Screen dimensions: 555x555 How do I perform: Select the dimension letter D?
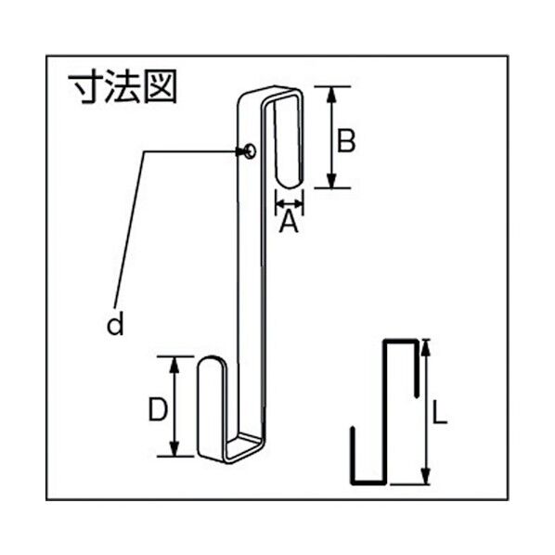158,408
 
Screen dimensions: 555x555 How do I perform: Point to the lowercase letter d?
114,324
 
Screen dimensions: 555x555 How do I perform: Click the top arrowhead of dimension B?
332,91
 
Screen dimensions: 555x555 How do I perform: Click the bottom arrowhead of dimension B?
332,184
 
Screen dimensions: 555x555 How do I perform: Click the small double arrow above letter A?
289,200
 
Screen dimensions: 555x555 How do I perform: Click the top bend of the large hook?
274,94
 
